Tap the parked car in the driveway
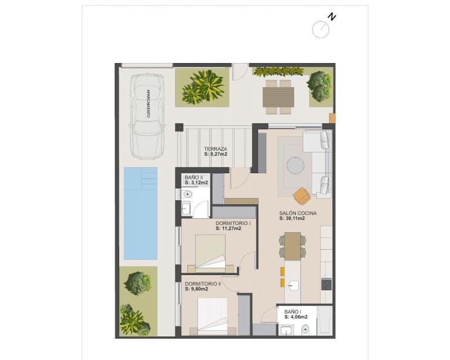pyautogui.click(x=147, y=115)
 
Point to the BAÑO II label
pyautogui.click(x=193, y=177)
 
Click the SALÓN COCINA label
pyautogui.click(x=298, y=213)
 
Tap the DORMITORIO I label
pyautogui.click(x=232, y=223)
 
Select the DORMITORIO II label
pyautogui.click(x=202, y=284)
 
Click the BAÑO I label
pyautogui.click(x=292, y=311)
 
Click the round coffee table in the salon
pyautogui.click(x=295, y=165)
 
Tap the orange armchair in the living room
pyautogui.click(x=302, y=196)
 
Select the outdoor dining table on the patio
pyautogui.click(x=279, y=97)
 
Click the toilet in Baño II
pyautogui.click(x=187, y=195)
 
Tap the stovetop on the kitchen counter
pyautogui.click(x=326, y=284)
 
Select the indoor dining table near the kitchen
pyautogui.click(x=292, y=246)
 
